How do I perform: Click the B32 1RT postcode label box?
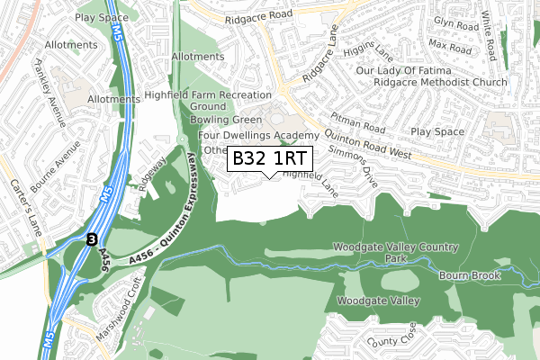point(270,158)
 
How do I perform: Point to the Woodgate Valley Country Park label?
point(395,252)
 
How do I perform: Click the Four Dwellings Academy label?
point(258,135)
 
